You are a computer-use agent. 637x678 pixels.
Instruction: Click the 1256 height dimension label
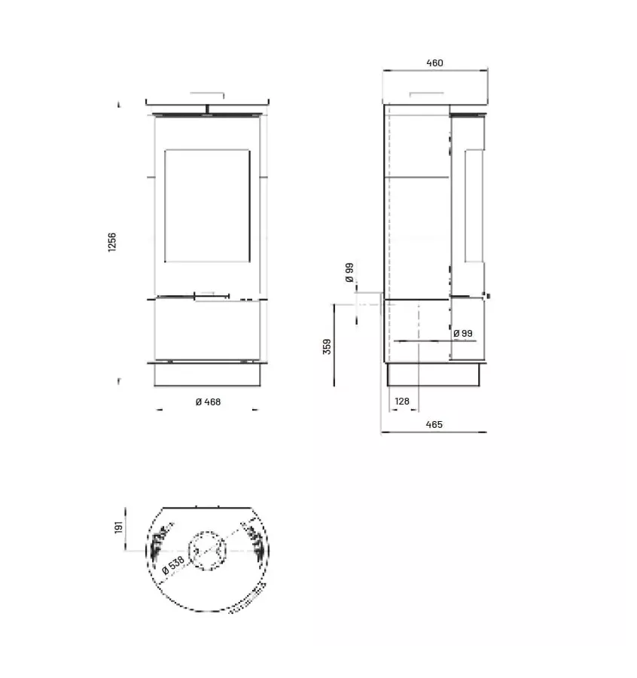click(111, 242)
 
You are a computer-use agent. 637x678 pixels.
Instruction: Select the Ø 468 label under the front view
click(208, 402)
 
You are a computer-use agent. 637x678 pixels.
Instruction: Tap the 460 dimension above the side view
click(434, 63)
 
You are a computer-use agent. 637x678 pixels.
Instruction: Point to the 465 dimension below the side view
click(434, 425)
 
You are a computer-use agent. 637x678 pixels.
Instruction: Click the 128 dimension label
click(401, 402)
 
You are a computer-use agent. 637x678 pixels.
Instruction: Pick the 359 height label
click(326, 346)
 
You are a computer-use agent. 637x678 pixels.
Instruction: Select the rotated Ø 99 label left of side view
click(349, 273)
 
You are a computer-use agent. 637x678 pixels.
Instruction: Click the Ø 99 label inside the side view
click(463, 333)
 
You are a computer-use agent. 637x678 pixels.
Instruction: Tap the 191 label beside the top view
click(119, 527)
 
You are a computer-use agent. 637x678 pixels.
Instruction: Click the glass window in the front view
click(207, 206)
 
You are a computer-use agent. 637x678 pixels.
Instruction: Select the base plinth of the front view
click(207, 374)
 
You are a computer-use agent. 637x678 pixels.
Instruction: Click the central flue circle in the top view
click(206, 551)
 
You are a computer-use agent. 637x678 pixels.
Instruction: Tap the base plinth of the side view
click(434, 374)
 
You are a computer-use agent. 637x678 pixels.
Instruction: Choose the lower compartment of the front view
click(207, 330)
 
